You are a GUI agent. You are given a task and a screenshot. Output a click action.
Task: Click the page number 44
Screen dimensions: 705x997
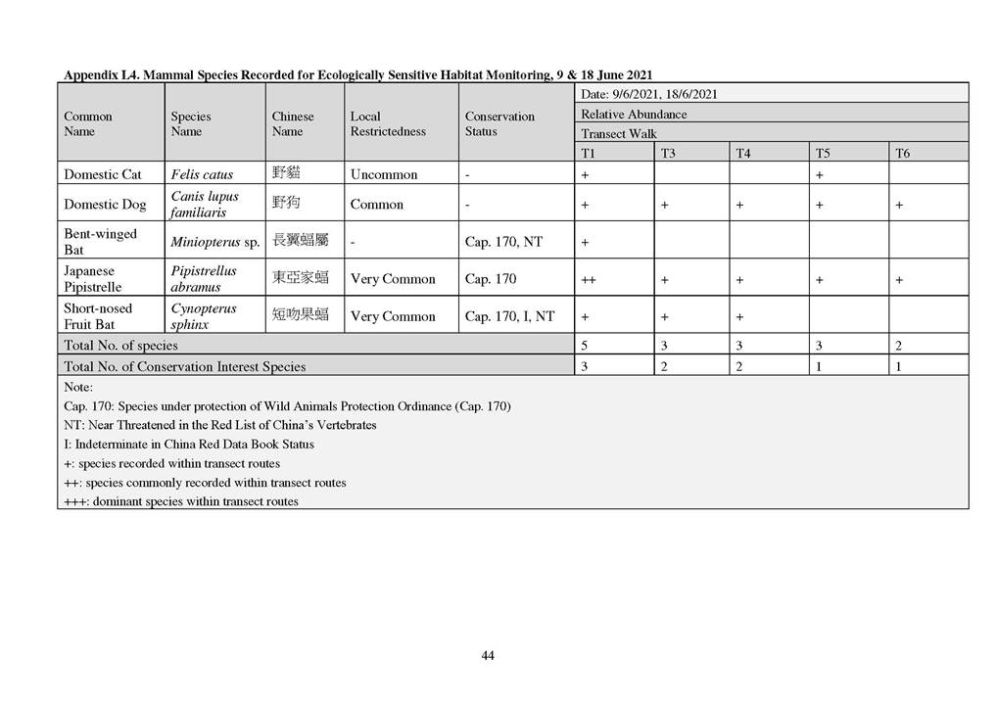pos(487,655)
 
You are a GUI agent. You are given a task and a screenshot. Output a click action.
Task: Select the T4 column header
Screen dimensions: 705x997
pos(743,154)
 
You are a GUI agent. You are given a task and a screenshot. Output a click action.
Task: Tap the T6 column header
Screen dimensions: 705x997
pos(902,154)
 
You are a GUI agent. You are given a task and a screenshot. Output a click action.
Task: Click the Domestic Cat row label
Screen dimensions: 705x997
pos(103,174)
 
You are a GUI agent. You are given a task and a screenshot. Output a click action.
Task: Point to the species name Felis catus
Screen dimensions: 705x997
pos(202,174)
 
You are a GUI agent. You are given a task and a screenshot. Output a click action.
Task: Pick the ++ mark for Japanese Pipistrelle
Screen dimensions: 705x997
pos(589,279)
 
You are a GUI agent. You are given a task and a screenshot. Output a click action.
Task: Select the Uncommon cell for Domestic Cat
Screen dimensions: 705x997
pos(383,174)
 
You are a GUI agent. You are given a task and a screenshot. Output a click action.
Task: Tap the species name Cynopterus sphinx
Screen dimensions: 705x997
pos(204,316)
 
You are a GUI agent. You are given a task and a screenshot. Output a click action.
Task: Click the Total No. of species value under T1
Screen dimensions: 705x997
pos(585,346)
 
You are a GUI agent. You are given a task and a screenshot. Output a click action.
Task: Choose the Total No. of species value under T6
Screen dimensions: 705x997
pos(899,346)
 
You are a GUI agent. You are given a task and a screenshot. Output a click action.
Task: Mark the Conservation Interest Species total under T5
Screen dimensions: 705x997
pos(820,366)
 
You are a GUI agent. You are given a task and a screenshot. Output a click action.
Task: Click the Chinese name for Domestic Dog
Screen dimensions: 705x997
pos(286,204)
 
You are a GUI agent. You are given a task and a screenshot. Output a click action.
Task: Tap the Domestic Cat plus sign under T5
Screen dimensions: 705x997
pos(819,175)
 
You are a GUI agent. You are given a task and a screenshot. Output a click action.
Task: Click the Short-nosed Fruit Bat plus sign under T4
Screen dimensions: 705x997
pos(740,317)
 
